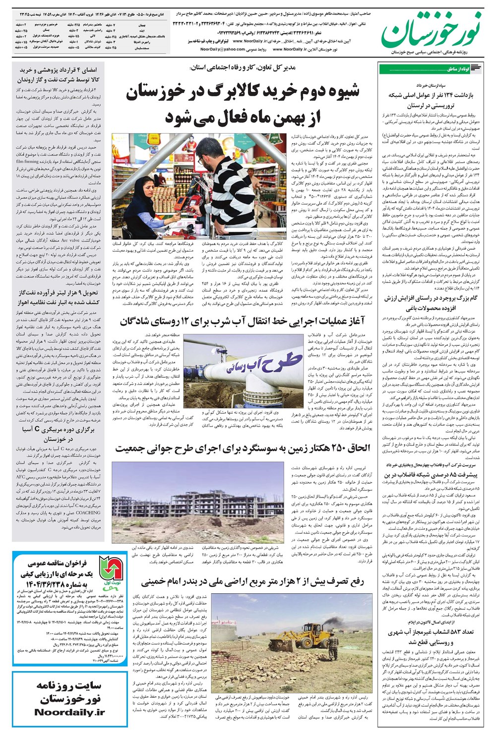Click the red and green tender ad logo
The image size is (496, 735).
pyautogui.click(x=110, y=570)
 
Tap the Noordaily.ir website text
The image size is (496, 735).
pyautogui.click(x=69, y=712)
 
